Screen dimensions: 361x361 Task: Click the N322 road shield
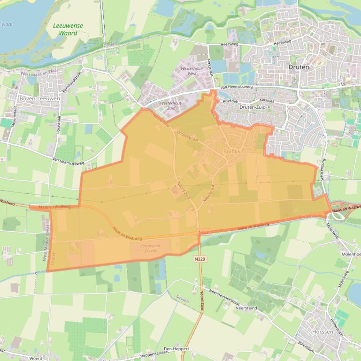pos(204,232)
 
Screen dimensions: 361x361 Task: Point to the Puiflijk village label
pos(233,152)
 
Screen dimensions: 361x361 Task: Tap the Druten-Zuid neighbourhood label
pos(253,107)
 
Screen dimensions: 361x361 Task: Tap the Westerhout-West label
pos(185,71)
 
